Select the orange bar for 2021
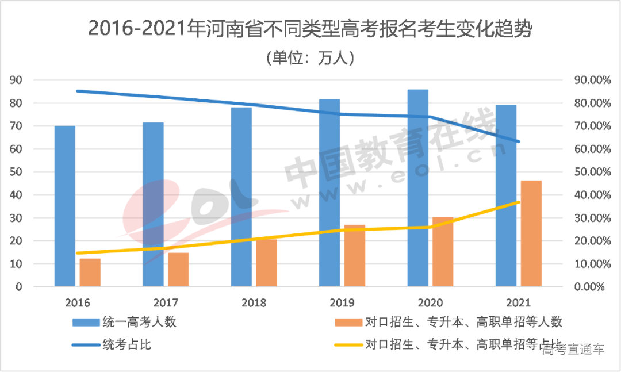pos(531,233)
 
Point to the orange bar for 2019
pos(355,256)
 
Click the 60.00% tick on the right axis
pos(588,149)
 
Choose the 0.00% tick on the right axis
pos(591,287)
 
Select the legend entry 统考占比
pos(127,345)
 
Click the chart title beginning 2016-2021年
pos(310,29)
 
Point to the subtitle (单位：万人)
pos(310,58)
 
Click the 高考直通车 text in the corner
pos(573,350)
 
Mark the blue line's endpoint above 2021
pos(519,141)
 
